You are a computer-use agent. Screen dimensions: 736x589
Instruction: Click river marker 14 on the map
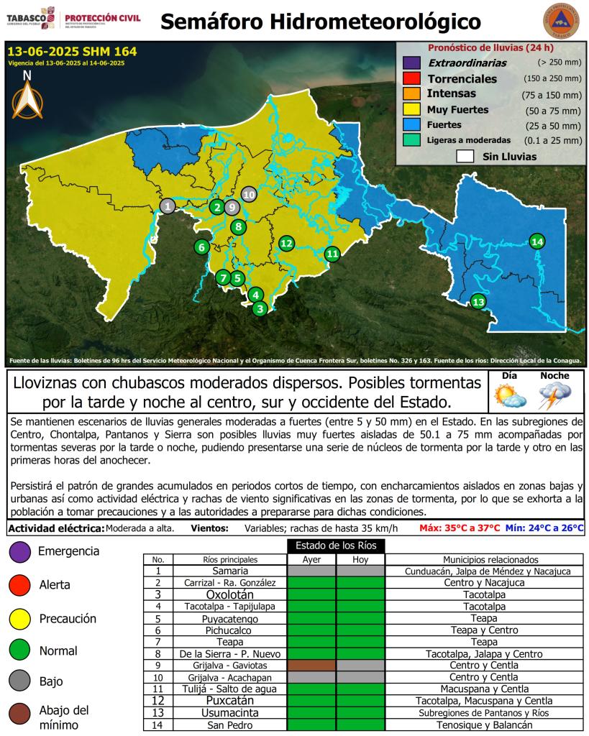(x=537, y=241)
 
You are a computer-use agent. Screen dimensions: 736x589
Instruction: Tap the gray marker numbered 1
(x=168, y=206)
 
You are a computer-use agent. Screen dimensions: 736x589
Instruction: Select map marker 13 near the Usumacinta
(x=478, y=302)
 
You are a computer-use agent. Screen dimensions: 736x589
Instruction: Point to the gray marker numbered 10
(x=249, y=194)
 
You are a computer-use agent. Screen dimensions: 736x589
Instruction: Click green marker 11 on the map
(x=332, y=253)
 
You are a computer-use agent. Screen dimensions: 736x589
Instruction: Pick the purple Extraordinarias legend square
(x=411, y=63)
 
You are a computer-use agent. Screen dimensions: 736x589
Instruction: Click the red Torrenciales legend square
(x=411, y=78)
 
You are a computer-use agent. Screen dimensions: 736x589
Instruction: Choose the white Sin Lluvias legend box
(x=465, y=156)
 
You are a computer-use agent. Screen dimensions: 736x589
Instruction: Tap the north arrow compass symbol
(x=27, y=98)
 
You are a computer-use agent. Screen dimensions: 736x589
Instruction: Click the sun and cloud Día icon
(x=508, y=395)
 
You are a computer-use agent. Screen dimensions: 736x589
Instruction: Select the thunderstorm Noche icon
(x=554, y=396)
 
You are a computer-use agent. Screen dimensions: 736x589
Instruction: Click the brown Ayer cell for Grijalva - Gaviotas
(x=311, y=666)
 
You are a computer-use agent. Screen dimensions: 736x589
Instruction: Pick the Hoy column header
(x=360, y=560)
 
